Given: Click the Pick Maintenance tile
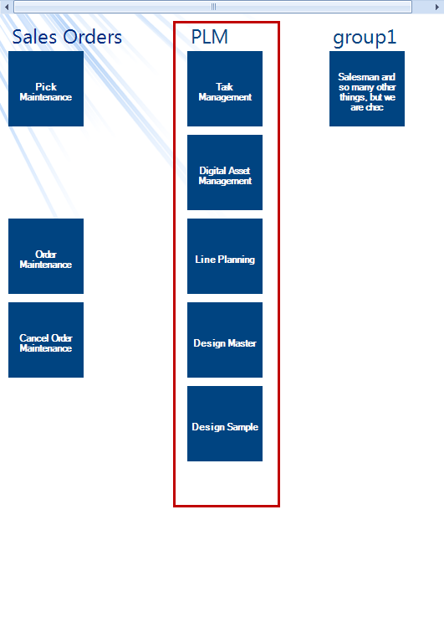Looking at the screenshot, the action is [46, 89].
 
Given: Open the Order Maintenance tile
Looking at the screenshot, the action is [46, 256].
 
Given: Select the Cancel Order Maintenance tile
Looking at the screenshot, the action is [46, 340].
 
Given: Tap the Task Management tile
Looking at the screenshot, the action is [225, 89].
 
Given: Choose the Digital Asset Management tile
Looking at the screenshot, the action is [225, 172].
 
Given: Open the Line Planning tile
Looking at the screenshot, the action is [225, 256].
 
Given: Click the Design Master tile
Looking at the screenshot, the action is [225, 340].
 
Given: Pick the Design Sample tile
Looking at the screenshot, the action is [225, 424].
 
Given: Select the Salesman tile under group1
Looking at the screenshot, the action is [367, 89].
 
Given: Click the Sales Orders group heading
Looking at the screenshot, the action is [67, 37].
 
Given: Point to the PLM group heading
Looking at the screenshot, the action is [210, 37].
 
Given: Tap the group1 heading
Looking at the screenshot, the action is [365, 38].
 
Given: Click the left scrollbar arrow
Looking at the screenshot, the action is [7, 7].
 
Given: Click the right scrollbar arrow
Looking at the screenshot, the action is [437, 7].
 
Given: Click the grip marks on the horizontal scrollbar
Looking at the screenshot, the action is [213, 7].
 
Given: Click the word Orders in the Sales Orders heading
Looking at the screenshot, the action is [93, 37].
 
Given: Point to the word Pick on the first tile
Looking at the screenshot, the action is [46, 86].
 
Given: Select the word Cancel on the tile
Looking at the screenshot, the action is [34, 338].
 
